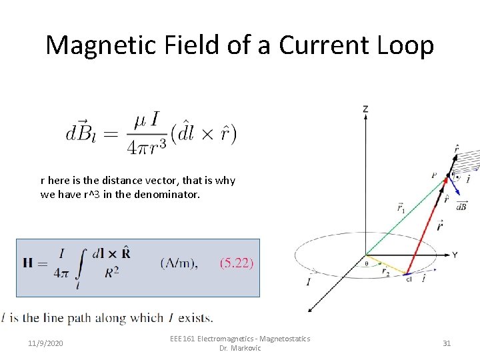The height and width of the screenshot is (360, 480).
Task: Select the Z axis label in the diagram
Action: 365,108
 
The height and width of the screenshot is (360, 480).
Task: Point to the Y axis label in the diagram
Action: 454,255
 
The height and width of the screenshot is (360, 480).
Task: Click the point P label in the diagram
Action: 434,175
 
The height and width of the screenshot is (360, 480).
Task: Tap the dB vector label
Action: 461,207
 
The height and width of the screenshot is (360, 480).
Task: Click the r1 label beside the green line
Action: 401,208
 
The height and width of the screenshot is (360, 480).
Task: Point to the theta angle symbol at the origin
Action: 365,263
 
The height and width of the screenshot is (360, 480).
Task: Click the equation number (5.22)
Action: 237,263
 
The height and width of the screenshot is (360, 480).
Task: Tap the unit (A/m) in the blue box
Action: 179,263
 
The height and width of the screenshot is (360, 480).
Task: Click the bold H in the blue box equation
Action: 29,263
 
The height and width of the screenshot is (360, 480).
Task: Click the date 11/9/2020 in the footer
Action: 46,343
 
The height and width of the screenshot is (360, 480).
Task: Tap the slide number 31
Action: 447,343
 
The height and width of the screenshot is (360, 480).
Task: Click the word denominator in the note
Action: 165,195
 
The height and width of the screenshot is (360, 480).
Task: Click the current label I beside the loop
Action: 308,282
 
